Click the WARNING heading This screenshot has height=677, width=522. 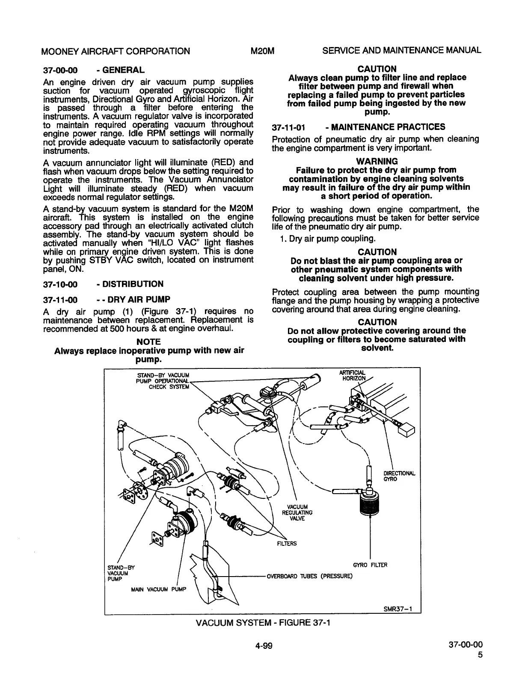point(377,161)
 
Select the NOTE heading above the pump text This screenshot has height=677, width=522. point(148,342)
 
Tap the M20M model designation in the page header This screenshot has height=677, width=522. point(262,51)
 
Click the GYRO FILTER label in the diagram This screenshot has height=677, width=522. point(370,565)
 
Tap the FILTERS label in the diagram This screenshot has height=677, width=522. point(287,544)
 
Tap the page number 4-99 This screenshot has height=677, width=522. point(262,646)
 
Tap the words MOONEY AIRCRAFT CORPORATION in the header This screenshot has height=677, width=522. point(116,51)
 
